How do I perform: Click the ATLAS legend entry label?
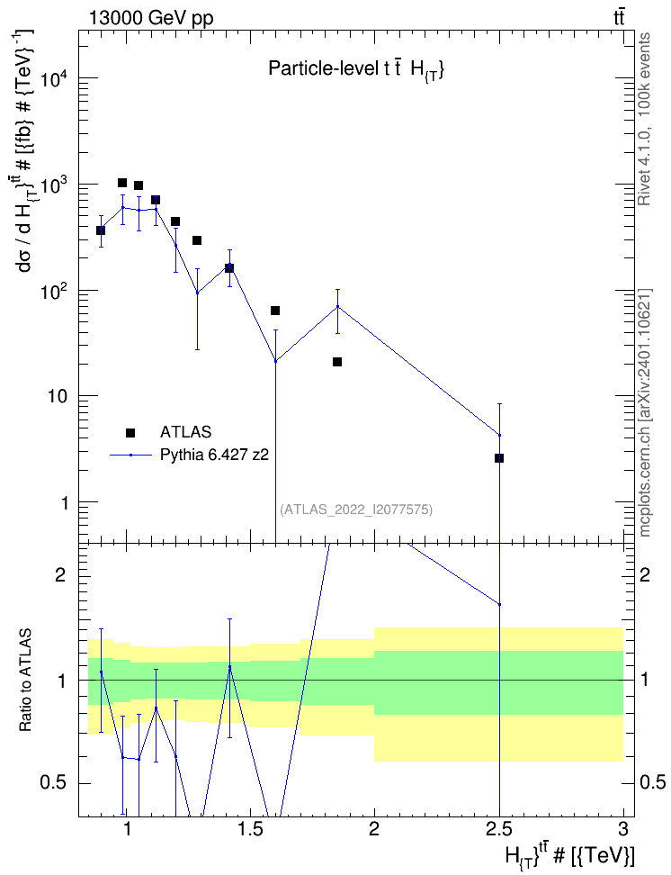tap(185, 432)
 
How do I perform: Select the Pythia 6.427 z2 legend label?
tap(214, 455)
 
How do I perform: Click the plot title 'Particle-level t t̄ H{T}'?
tap(356, 68)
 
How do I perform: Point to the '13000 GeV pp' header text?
tap(150, 18)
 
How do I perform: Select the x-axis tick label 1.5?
tap(250, 829)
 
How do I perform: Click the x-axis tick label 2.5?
tap(498, 829)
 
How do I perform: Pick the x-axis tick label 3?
tap(622, 829)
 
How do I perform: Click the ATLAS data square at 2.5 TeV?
tap(499, 458)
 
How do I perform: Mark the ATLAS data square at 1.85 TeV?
tap(337, 362)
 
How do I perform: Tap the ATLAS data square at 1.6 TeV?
tap(275, 311)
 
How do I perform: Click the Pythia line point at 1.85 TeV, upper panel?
tap(337, 306)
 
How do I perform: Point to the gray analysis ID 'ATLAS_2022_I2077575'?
tap(356, 510)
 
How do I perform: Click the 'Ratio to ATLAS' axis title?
tap(25, 680)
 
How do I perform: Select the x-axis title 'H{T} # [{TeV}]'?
tap(569, 856)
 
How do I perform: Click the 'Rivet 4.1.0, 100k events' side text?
tap(644, 119)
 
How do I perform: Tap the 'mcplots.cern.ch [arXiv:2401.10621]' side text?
tap(644, 412)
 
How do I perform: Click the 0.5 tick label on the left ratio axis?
tap(55, 783)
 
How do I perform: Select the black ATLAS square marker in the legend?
tap(130, 432)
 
